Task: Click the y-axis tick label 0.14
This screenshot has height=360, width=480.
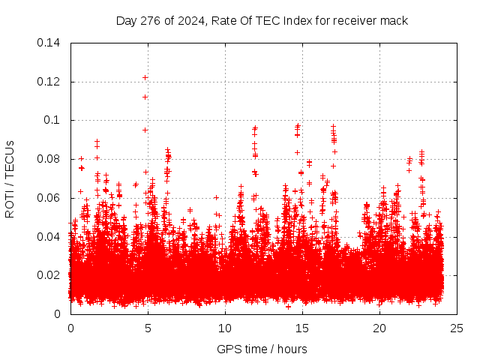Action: [x=51, y=43]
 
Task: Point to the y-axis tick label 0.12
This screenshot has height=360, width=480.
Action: [x=51, y=82]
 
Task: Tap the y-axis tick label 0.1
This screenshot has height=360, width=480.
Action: [x=54, y=120]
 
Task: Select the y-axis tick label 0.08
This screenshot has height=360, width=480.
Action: [x=51, y=159]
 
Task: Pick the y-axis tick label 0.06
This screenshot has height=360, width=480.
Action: [x=51, y=198]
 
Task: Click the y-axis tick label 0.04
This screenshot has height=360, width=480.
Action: [x=51, y=237]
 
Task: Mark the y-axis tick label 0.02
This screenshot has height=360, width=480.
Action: [x=51, y=275]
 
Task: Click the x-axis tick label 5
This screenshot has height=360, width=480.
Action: [x=148, y=328]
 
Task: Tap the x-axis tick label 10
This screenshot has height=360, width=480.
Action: [x=225, y=328]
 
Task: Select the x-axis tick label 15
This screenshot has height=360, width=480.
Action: [x=302, y=328]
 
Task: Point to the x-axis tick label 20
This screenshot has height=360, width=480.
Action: [x=379, y=328]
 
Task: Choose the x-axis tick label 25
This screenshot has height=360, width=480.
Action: [x=457, y=328]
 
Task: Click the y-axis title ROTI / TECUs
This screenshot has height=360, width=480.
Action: [x=10, y=178]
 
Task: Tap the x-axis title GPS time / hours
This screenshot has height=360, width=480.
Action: [x=262, y=349]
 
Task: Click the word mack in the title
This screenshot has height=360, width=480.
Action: [x=394, y=20]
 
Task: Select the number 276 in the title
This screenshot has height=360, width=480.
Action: [x=153, y=20]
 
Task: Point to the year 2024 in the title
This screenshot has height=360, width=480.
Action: [x=192, y=20]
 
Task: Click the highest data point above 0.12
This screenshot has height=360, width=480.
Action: [x=145, y=77]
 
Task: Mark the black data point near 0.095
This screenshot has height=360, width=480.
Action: [x=145, y=130]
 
